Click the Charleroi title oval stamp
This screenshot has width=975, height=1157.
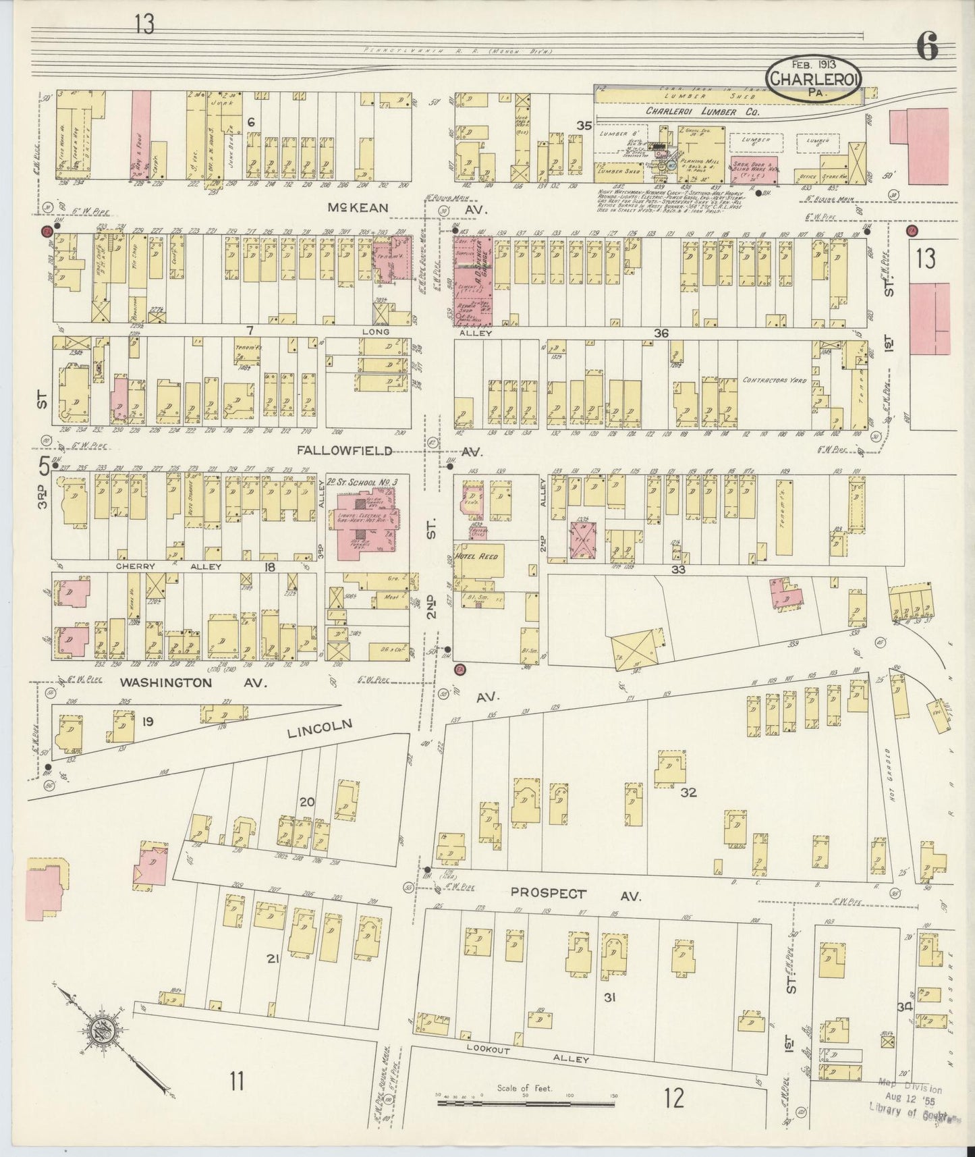(814, 80)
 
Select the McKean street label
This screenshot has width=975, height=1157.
(358, 208)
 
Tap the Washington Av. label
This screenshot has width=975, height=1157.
(166, 682)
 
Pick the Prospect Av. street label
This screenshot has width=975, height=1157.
(548, 893)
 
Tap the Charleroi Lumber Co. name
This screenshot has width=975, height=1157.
(702, 112)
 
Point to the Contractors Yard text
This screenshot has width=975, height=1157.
(775, 380)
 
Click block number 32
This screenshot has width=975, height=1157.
(688, 792)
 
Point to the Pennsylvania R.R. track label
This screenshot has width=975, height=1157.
(457, 51)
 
